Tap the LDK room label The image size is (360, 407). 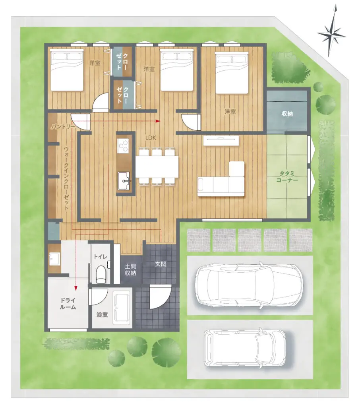pyautogui.click(x=151, y=138)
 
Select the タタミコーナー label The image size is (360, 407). pyautogui.click(x=287, y=176)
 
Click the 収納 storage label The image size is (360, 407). pyautogui.click(x=287, y=114)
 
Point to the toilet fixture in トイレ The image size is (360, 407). pyautogui.click(x=101, y=274)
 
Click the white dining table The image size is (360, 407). pyautogui.click(x=157, y=167)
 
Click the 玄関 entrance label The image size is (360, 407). pyautogui.click(x=161, y=264)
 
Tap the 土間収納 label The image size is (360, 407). pyautogui.click(x=130, y=270)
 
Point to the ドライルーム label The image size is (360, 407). pyautogui.click(x=68, y=304)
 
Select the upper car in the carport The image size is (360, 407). pyautogui.click(x=249, y=285)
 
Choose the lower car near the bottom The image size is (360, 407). pyautogui.click(x=245, y=348)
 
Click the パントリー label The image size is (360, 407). pyautogui.click(x=63, y=127)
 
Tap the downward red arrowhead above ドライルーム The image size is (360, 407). pyautogui.click(x=76, y=288)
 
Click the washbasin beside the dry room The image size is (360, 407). pyautogui.click(x=54, y=258)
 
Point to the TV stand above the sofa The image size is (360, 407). pyautogui.click(x=221, y=141)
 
